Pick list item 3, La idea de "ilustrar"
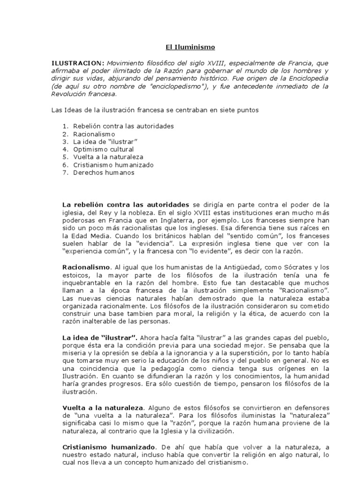click(x=105, y=142)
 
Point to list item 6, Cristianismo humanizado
click(x=113, y=165)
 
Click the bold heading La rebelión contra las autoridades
click(x=126, y=205)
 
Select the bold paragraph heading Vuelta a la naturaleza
click(x=103, y=407)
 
